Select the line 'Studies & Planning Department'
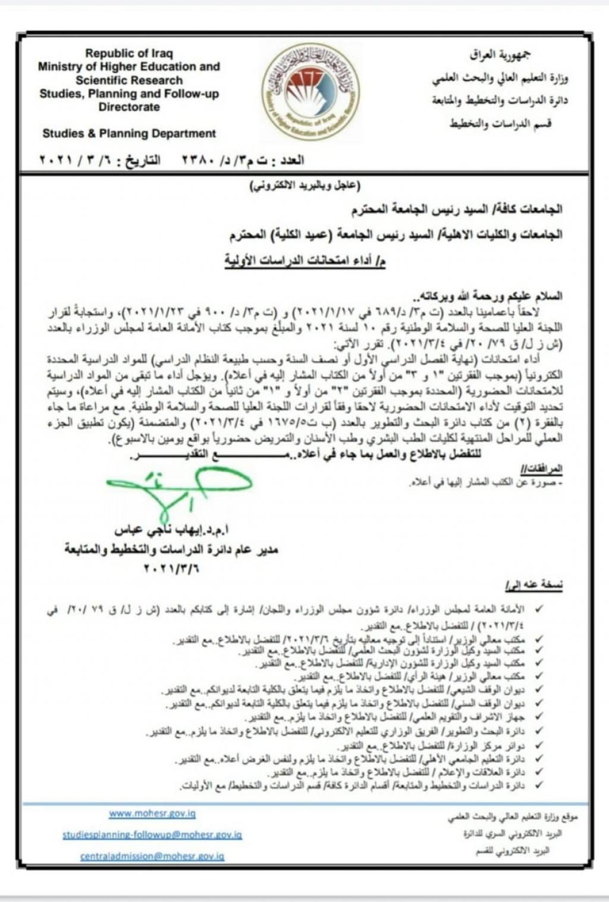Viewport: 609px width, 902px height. pos(129,133)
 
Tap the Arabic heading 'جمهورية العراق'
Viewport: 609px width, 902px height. pos(500,55)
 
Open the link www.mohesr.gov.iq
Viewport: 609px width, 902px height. pos(152,813)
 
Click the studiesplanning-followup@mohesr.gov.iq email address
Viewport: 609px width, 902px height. pos(152,835)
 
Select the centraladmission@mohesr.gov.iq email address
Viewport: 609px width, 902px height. pos(152,856)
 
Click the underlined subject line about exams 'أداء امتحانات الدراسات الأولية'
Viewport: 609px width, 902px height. pos(304,260)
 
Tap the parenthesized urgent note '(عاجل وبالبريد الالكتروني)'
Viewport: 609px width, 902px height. pos(304,186)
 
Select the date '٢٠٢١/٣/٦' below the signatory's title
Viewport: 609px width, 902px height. pos(171,568)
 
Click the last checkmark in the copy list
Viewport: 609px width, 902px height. pos(539,786)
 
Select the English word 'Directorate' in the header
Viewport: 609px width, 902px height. pos(129,107)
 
